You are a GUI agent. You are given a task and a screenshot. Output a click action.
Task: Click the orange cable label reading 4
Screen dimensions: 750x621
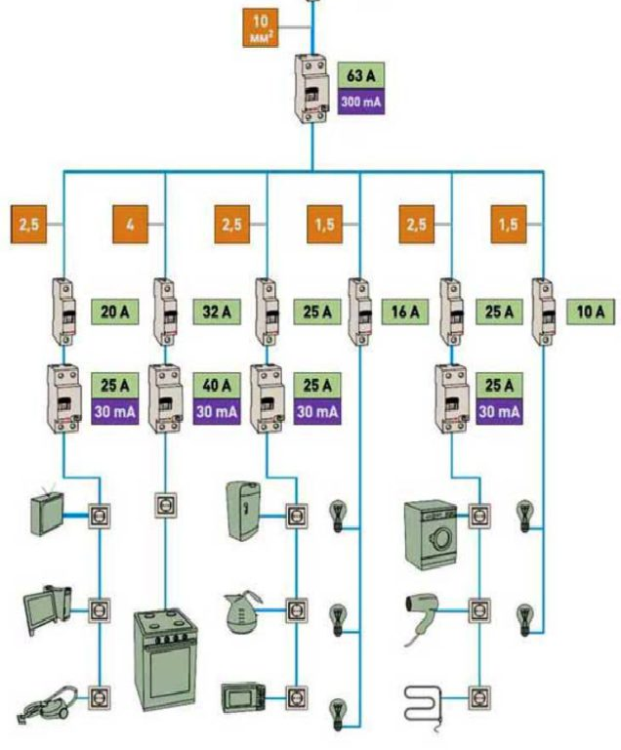[x=130, y=226]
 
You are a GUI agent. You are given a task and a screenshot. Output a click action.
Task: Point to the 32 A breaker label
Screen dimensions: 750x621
[x=210, y=312]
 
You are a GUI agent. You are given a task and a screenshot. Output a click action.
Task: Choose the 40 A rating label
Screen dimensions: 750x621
[x=210, y=384]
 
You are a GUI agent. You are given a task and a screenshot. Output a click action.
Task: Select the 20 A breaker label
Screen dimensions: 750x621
[x=114, y=312]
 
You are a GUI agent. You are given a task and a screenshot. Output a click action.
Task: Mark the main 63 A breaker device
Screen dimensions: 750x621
[x=312, y=90]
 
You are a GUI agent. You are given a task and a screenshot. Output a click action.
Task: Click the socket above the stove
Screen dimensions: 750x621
[x=165, y=507]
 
